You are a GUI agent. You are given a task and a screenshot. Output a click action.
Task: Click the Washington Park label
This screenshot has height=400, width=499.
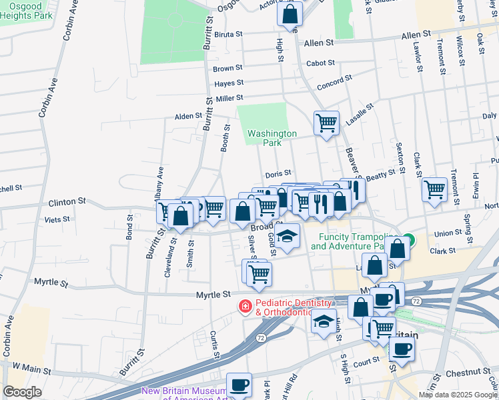point(272,138)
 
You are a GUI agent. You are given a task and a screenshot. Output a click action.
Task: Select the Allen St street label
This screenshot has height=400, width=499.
point(318,43)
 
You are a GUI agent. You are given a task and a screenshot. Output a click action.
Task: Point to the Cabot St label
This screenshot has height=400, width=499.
point(320,63)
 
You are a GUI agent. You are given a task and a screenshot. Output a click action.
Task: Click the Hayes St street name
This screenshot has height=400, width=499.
point(229,83)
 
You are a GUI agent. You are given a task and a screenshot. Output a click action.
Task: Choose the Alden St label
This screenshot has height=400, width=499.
point(188,116)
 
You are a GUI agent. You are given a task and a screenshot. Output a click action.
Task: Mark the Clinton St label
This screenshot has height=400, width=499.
point(67,201)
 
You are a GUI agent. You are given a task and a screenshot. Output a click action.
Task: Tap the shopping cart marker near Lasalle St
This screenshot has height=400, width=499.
point(326,122)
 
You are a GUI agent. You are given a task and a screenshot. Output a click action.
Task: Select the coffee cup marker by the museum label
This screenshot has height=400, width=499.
point(239,384)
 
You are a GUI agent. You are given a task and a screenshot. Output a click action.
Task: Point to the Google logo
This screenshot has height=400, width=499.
point(22,392)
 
